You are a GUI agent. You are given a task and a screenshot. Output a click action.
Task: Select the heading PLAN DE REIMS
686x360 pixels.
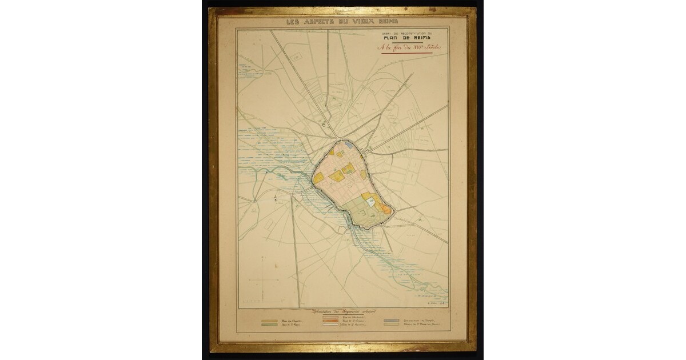tap(408, 39)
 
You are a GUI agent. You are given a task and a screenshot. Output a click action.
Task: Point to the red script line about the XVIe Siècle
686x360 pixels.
tap(408, 47)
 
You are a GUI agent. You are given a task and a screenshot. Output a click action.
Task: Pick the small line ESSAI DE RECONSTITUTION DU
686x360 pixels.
tap(408, 33)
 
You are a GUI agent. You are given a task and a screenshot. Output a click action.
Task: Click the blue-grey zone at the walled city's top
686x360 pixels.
tap(350, 146)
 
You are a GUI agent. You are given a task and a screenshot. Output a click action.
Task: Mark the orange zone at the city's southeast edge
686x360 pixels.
tap(386, 209)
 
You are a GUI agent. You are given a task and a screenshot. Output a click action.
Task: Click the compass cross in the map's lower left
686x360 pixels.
tap(262, 280)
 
